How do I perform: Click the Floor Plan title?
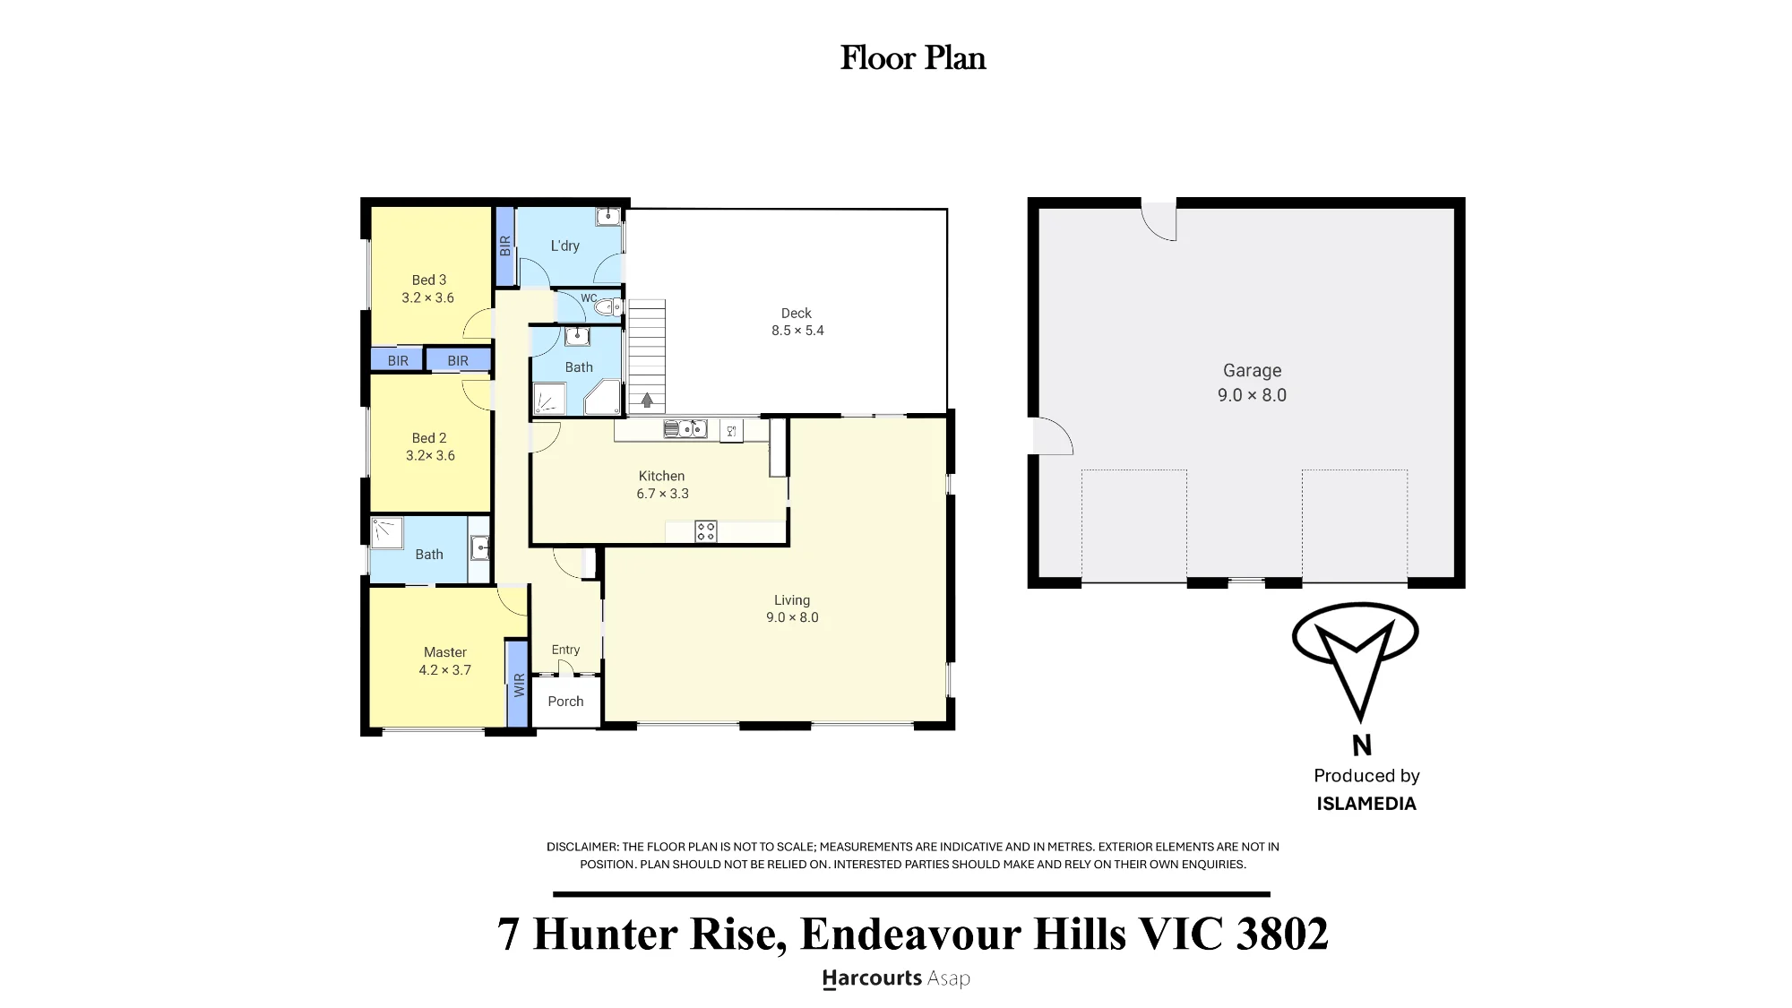tap(913, 58)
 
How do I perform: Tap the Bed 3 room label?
tap(429, 280)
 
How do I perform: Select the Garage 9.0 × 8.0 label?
tap(1252, 383)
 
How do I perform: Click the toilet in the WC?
tap(609, 307)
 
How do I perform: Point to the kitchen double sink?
tap(685, 429)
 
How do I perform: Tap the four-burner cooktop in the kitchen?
tap(706, 531)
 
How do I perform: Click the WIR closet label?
tap(518, 685)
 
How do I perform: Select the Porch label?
tap(565, 702)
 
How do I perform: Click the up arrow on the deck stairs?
tap(647, 401)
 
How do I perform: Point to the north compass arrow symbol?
tap(1356, 661)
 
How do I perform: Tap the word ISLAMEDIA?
tap(1366, 804)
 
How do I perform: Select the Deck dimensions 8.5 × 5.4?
tap(797, 331)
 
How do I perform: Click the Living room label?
tap(792, 600)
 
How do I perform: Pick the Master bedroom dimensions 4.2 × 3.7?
tap(444, 670)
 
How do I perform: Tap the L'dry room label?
tap(564, 246)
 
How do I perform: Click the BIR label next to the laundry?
tap(505, 246)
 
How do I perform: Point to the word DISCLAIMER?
tap(582, 847)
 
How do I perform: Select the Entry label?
tap(565, 650)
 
